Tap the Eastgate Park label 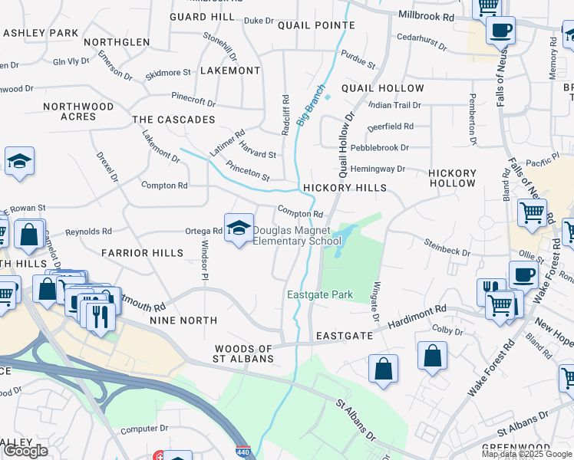(320, 295)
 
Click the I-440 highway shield (242, 453)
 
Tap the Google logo (26, 451)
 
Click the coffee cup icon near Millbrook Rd (500, 31)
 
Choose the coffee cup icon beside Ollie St (524, 273)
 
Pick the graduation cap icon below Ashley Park (19, 162)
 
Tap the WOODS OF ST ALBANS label (244, 354)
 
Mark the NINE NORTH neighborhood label (183, 320)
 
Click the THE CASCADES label (173, 120)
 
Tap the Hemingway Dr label (377, 169)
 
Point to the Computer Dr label (143, 429)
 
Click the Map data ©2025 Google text (526, 454)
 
